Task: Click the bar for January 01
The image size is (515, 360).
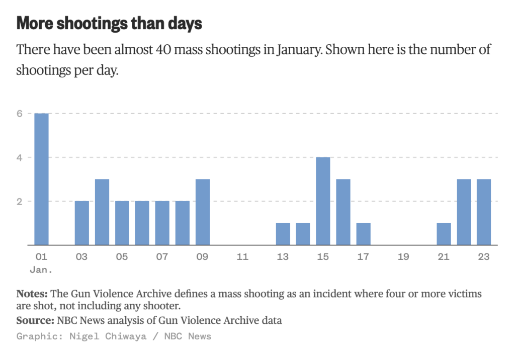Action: tap(41, 179)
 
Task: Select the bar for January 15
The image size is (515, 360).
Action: tap(323, 201)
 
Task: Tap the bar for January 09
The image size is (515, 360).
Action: tap(202, 212)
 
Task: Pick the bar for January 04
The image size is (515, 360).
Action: tap(102, 212)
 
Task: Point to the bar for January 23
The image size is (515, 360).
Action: tap(484, 212)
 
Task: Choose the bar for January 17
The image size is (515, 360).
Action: tap(363, 234)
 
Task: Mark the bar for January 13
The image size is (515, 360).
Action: tap(283, 234)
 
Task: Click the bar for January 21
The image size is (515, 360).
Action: tap(444, 234)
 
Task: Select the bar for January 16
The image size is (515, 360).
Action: tap(343, 212)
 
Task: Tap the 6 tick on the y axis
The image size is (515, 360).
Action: tap(20, 114)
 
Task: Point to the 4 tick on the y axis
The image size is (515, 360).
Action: tap(20, 157)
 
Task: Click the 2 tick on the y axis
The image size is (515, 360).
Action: tap(20, 201)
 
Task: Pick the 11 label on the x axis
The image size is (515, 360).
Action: tap(242, 257)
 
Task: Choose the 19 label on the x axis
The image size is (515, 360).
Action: tap(403, 257)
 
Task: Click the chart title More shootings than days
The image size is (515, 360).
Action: tap(109, 23)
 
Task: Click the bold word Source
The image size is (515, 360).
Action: tap(35, 320)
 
